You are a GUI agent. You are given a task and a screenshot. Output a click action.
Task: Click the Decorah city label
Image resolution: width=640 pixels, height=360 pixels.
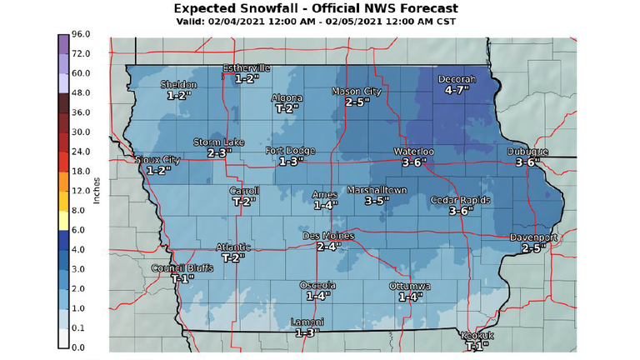tap(456, 79)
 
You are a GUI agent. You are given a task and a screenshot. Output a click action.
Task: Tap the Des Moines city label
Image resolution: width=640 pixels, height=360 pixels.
tap(327, 237)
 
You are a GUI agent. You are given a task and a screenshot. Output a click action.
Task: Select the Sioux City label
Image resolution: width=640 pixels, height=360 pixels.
tap(158, 159)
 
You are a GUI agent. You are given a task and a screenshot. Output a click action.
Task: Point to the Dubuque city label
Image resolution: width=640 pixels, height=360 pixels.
tap(527, 152)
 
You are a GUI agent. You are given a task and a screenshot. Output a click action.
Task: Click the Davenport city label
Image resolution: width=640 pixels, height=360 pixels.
tap(532, 237)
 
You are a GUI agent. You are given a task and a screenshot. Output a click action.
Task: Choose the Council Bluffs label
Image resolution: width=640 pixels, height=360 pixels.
tap(178, 268)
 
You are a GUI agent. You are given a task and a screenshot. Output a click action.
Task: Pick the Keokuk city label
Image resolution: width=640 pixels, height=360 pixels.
tap(477, 336)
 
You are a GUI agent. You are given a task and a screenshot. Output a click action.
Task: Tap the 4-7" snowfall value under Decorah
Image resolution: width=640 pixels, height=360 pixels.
tap(457, 89)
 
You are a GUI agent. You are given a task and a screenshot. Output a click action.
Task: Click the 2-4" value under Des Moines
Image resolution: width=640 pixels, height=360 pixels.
tap(327, 247)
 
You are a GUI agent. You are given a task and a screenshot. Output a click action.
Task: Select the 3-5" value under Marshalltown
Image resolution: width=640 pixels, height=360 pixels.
tap(377, 201)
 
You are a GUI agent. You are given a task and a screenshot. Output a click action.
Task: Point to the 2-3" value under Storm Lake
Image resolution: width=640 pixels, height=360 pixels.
tap(218, 153)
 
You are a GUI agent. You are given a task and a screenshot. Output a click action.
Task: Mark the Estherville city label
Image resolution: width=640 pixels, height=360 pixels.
tap(247, 68)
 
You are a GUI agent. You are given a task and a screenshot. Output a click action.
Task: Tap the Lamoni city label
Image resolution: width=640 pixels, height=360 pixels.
tap(307, 322)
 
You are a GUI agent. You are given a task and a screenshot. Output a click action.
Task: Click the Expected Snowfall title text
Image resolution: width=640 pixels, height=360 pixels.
tap(320, 7)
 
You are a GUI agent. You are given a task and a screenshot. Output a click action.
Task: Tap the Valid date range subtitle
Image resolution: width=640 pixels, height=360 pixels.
tap(320, 21)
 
